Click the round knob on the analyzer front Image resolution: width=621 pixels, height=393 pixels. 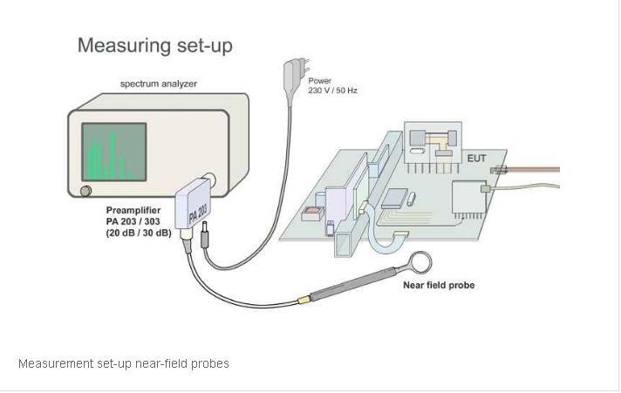[85, 191]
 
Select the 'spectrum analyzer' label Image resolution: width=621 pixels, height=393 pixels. [159, 84]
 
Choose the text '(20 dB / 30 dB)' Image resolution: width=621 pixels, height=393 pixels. [140, 234]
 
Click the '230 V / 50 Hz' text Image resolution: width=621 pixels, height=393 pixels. [332, 90]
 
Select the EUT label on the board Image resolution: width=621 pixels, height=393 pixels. [477, 159]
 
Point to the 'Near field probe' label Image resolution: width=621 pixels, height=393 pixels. [439, 285]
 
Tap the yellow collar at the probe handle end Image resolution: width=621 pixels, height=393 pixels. [304, 299]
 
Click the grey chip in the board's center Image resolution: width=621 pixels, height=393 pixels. [396, 198]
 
